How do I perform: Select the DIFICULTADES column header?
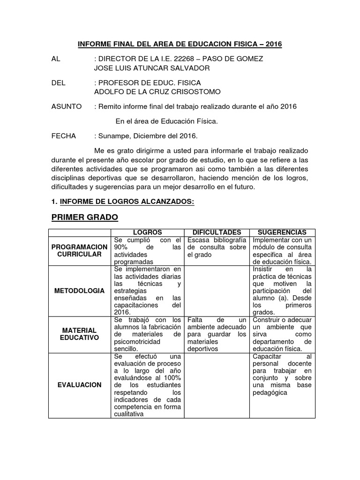click(217, 232)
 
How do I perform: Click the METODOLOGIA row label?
click(79, 291)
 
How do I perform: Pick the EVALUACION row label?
click(79, 384)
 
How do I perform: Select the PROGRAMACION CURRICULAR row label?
click(79, 250)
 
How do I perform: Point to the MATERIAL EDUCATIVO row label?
click(79, 334)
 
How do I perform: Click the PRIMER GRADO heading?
click(84, 217)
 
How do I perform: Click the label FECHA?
click(63, 136)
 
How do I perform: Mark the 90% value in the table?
click(121, 247)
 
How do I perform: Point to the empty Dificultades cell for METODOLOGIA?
click(217, 291)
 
